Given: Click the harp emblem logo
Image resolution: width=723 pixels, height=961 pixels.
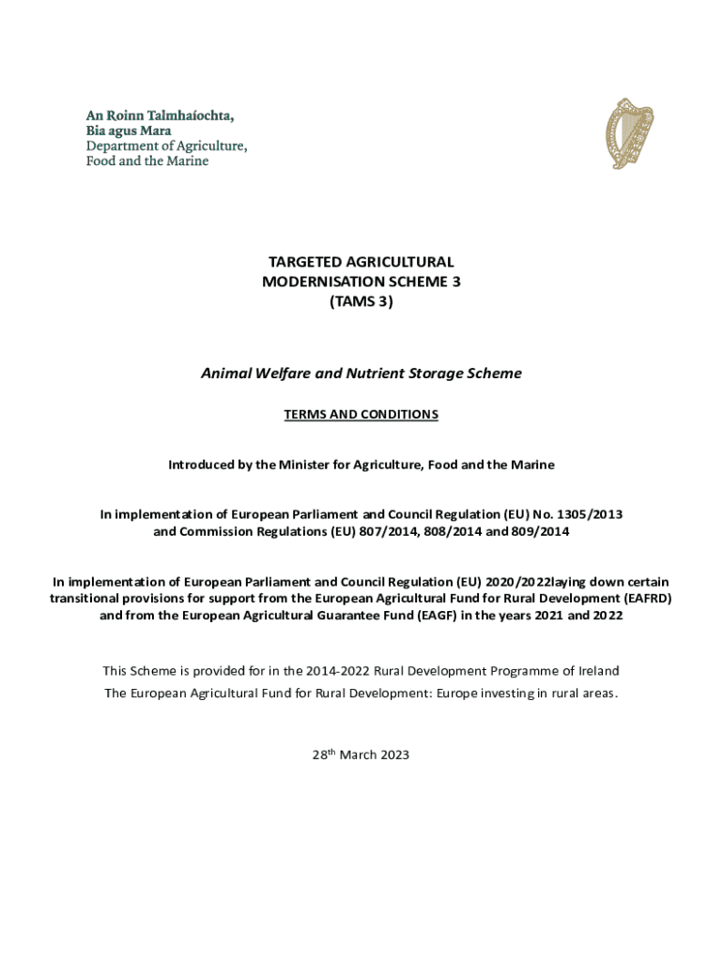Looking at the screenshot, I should pyautogui.click(x=628, y=135).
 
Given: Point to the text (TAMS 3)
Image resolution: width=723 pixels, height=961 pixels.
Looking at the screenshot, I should pyautogui.click(x=361, y=301).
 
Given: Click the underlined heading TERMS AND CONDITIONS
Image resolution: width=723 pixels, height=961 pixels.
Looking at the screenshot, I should pyautogui.click(x=361, y=414).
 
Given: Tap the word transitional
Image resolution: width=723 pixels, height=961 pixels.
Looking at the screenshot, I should pyautogui.click(x=87, y=599).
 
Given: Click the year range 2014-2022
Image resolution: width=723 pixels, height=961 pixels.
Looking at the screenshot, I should pyautogui.click(x=338, y=671).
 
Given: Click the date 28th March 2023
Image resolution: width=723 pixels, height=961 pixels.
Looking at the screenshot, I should pyautogui.click(x=361, y=755).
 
